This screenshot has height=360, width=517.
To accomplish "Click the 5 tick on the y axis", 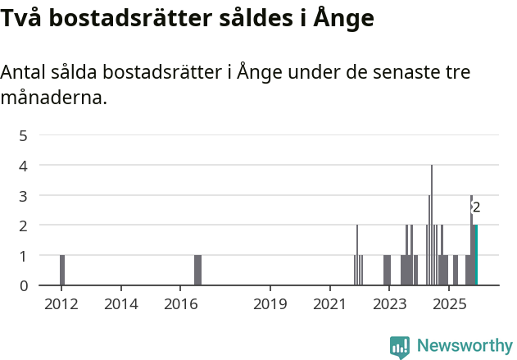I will click(x=24, y=135).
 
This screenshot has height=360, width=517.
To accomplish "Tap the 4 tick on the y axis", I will click(x=24, y=166).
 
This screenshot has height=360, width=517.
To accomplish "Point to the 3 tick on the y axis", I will click(x=24, y=195).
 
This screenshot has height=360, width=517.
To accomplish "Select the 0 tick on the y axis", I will click(x=24, y=285).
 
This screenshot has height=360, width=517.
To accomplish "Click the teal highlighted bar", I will click(x=475, y=255).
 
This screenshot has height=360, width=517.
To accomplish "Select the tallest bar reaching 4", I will click(x=432, y=226).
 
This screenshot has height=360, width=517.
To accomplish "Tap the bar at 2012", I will click(x=62, y=271).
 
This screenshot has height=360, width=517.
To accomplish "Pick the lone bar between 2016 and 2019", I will click(x=197, y=271).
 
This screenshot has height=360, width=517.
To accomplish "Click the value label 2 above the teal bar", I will click(x=476, y=207).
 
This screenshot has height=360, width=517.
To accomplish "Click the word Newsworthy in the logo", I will click(x=465, y=346).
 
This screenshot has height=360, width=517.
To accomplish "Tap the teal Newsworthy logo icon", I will click(x=400, y=347).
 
